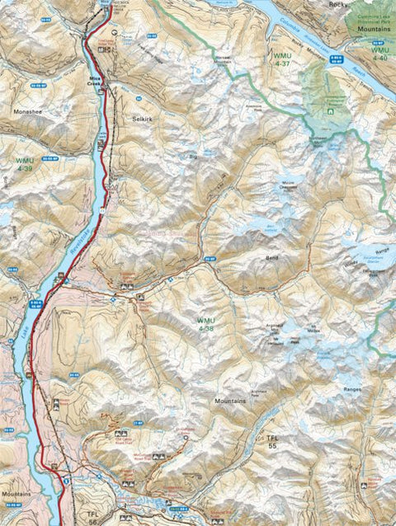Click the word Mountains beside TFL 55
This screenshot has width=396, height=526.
[230, 401]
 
